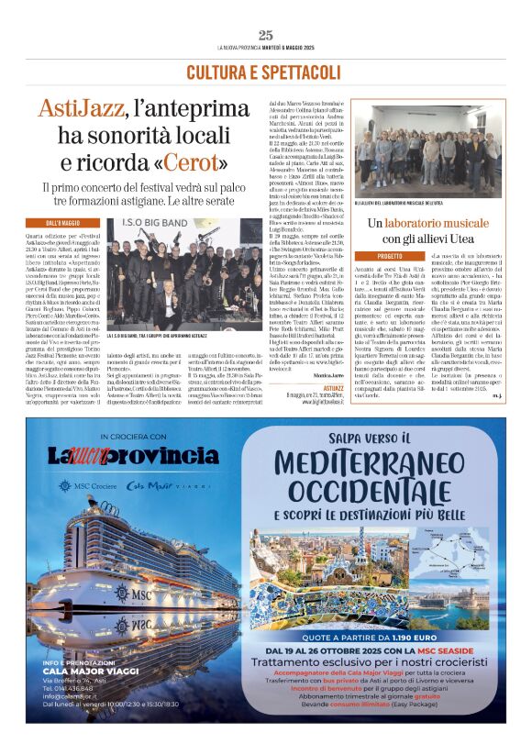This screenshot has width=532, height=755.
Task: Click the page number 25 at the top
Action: [265, 35]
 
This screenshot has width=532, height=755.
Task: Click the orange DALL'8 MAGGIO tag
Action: [65, 222]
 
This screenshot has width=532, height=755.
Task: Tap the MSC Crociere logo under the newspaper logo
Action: [96, 485]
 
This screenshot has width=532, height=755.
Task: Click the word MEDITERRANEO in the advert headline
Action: [366, 471]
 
